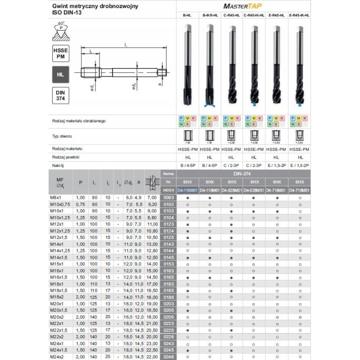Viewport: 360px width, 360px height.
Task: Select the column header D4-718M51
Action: [x=299, y=190]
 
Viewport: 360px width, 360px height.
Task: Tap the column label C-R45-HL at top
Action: [x=231, y=15]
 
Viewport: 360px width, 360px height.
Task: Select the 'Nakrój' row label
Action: [x=56, y=166]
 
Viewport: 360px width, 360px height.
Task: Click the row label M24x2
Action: [x=57, y=357]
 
